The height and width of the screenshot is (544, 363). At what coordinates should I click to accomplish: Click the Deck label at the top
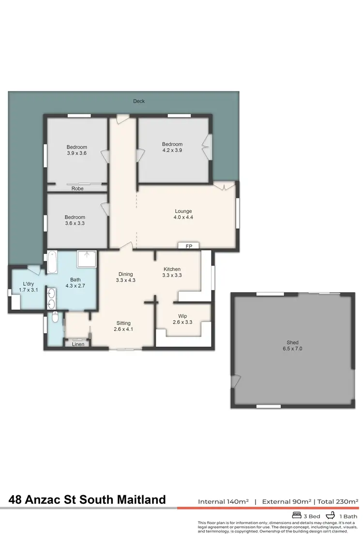(139, 101)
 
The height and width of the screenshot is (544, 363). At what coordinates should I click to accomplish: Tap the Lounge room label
(183, 211)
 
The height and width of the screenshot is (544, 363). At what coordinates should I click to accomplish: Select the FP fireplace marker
(189, 246)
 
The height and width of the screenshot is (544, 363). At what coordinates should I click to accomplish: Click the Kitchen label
(172, 269)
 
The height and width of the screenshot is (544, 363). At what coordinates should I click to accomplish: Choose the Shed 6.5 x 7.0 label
(291, 343)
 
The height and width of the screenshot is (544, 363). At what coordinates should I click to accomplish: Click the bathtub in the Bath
(52, 263)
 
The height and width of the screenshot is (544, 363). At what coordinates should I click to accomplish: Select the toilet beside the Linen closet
(55, 318)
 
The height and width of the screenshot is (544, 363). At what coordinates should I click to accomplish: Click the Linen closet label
(78, 344)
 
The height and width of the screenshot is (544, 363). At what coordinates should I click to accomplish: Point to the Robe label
(77, 189)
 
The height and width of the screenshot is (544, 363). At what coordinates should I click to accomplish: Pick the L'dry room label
(28, 284)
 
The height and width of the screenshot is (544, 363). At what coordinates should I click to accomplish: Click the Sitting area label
(123, 323)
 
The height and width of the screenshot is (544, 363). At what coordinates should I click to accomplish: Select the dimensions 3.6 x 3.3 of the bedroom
(76, 223)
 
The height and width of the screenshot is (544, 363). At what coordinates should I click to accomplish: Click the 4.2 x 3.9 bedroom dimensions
(172, 150)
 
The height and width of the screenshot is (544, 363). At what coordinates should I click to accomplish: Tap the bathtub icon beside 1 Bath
(331, 515)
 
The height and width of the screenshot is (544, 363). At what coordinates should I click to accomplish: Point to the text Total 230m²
(338, 501)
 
